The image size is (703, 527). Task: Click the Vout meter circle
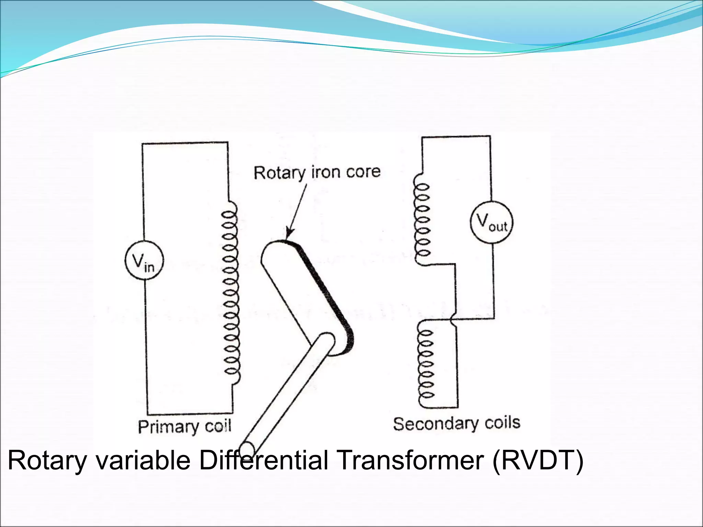pyautogui.click(x=492, y=222)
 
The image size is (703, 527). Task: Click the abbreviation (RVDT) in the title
pyautogui.click(x=538, y=460)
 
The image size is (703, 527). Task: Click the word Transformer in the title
pyautogui.click(x=411, y=460)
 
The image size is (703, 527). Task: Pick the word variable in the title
pyautogui.click(x=143, y=460)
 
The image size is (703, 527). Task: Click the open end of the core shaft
pyautogui.click(x=247, y=449)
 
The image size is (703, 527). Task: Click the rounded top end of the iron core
pyautogui.click(x=275, y=249)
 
